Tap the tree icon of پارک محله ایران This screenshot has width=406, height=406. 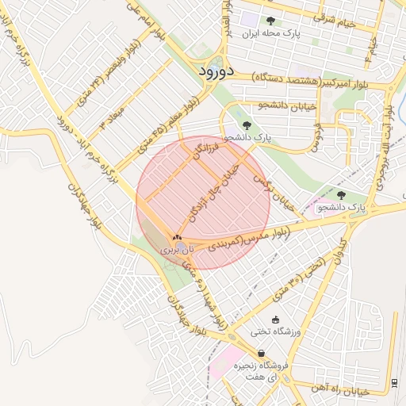[x=270, y=21]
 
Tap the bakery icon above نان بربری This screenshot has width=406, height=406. [x=177, y=237]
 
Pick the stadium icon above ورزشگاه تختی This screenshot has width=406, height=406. [x=275, y=320]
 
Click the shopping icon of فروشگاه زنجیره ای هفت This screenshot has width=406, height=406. [x=260, y=354]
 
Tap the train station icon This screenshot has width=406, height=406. [x=395, y=383]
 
